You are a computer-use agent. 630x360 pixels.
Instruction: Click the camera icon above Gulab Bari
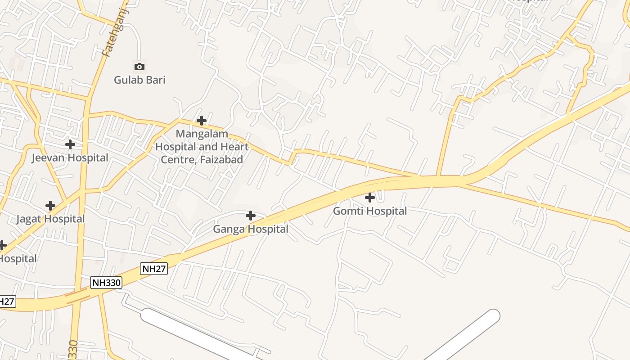(x=139, y=67)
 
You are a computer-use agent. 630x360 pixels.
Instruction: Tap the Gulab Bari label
(x=139, y=80)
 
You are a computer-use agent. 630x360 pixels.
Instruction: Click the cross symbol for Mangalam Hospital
(x=202, y=121)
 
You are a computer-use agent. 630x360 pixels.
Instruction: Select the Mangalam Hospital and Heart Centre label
(x=202, y=147)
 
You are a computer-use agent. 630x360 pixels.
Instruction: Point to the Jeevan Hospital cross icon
(x=70, y=144)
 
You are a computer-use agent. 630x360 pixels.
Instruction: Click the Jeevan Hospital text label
(x=70, y=158)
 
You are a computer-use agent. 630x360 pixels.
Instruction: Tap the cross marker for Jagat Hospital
(x=50, y=206)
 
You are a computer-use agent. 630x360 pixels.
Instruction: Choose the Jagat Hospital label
(x=50, y=219)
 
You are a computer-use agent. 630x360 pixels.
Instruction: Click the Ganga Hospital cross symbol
(x=251, y=216)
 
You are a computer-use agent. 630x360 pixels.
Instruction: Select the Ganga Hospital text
(x=251, y=229)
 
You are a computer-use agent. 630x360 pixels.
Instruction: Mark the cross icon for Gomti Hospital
(x=370, y=198)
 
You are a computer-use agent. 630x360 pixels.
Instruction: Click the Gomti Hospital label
(x=370, y=211)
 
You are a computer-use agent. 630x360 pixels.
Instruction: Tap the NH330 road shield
(x=106, y=283)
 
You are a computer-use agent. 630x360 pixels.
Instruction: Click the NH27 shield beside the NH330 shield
(x=154, y=269)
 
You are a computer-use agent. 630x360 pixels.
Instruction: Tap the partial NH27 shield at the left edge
(x=7, y=301)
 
